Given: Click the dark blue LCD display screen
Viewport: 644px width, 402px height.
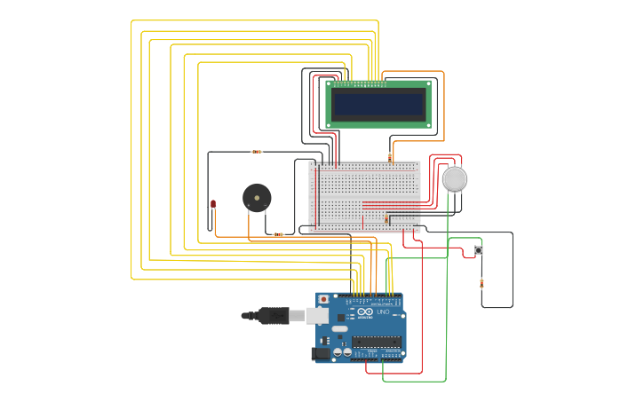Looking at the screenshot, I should click(379, 105).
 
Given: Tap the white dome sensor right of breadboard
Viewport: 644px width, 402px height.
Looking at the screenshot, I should click(454, 179).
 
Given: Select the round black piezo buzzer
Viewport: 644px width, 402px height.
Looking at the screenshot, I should click(257, 197).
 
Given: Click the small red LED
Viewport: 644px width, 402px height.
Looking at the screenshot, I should click(213, 204).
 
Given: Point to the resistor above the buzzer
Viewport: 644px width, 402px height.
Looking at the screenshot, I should click(257, 152).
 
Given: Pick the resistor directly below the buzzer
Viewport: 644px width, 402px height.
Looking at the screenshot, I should click(278, 234).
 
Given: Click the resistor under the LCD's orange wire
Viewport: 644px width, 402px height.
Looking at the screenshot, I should click(390, 156).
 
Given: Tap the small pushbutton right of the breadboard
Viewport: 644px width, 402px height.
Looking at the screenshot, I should click(479, 251).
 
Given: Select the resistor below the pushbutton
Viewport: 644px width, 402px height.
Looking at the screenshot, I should click(481, 283).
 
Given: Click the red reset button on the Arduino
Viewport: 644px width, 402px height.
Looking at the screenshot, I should click(323, 300).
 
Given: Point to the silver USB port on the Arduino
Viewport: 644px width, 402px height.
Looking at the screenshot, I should click(317, 316).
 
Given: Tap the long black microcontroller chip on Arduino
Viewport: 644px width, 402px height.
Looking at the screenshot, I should click(376, 342).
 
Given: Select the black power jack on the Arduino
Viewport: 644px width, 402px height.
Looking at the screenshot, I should click(321, 353).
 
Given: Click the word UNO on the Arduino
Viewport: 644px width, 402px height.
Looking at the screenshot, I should click(384, 312).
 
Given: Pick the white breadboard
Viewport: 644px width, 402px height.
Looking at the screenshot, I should click(364, 196).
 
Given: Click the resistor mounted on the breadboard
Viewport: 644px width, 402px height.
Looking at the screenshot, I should click(386, 219).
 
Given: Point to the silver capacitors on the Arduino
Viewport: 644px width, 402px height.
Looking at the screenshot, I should click(341, 352).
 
